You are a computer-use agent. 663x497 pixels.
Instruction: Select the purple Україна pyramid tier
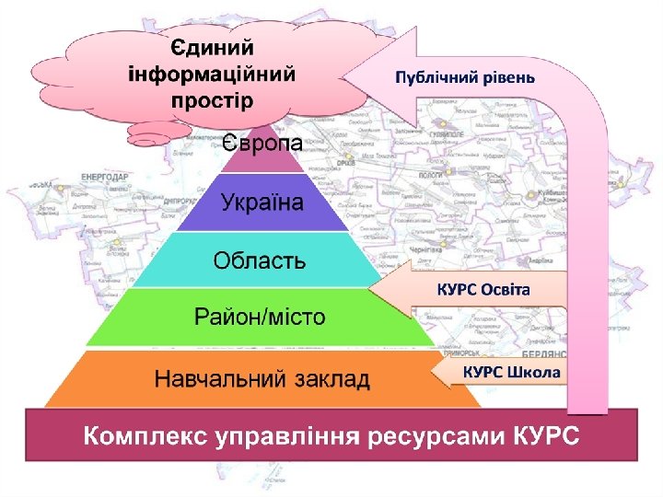(262, 202)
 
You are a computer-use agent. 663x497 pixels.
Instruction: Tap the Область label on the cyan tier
(260, 260)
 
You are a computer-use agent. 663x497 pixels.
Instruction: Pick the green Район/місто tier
(260, 318)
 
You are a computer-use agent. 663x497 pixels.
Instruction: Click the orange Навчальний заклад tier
(262, 378)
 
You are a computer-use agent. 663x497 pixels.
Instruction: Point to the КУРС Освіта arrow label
(483, 290)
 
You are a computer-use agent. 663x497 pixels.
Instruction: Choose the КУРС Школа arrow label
(510, 373)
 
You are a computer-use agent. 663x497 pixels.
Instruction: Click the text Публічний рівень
(464, 76)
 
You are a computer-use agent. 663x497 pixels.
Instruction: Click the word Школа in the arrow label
(533, 373)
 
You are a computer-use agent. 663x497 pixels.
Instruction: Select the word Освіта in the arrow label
(506, 290)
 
